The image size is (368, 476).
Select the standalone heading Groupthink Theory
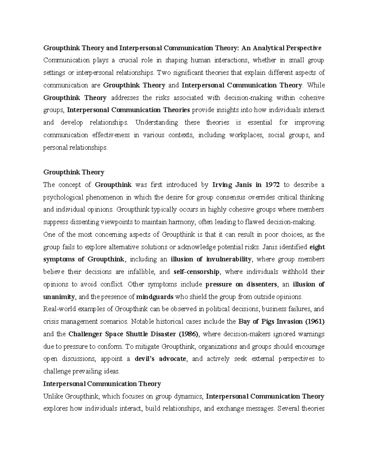[x=74, y=172]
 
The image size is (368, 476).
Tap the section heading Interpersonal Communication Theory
[x=102, y=384]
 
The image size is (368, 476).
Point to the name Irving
[x=223, y=185]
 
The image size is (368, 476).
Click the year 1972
[x=273, y=185]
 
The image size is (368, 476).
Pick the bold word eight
[x=317, y=247]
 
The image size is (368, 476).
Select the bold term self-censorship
[x=196, y=272]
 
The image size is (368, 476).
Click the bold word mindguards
[x=155, y=297]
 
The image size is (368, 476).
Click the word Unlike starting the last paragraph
[x=53, y=396]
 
